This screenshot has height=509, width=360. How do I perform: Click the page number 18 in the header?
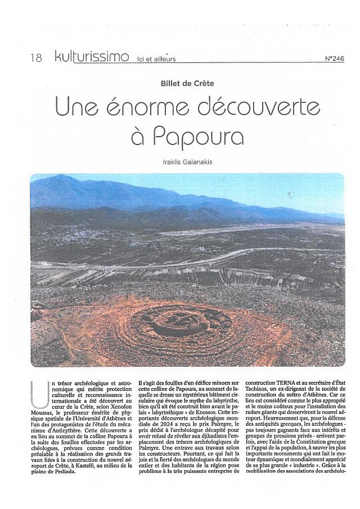coord(37,58)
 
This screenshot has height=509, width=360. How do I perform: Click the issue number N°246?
coord(334,58)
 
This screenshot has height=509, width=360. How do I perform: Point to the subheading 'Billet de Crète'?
coord(187,83)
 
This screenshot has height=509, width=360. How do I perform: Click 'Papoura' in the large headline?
coord(199,137)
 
